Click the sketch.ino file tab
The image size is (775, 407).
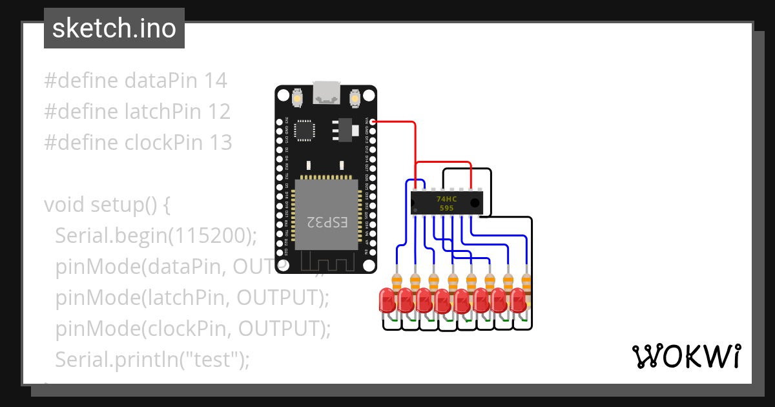114,28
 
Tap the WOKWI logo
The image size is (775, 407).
685,356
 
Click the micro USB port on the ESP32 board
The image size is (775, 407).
326,94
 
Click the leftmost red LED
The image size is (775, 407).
387,300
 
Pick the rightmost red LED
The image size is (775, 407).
519,300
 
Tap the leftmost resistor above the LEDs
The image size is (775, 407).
397,280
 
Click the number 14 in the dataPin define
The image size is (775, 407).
216,81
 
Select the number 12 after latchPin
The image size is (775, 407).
219,112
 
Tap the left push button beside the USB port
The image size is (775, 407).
298,99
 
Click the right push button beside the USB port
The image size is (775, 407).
355,99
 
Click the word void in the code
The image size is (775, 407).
65,205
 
